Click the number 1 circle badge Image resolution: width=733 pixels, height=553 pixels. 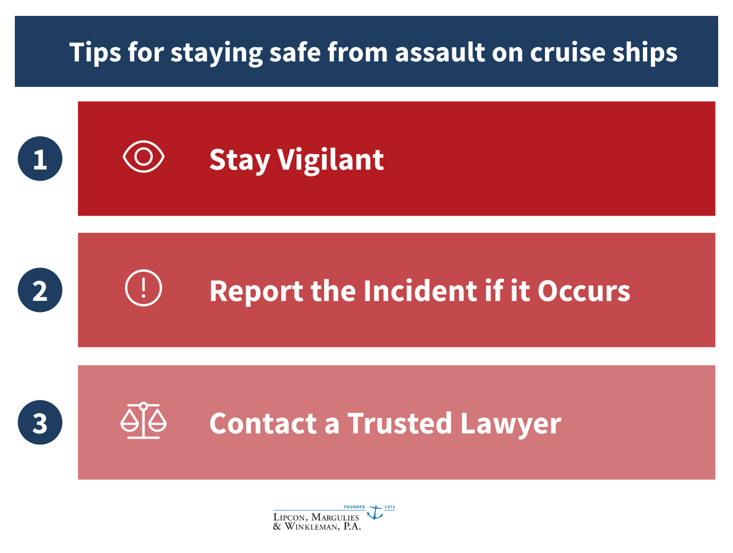40,158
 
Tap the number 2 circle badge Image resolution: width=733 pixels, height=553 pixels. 40,290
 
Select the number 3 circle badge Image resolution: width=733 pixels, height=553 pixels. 40,422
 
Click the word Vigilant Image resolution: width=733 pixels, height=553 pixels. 330,160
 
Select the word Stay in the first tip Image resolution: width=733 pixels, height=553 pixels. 239,161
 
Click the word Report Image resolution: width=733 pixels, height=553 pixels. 256,291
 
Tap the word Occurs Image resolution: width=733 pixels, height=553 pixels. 584,291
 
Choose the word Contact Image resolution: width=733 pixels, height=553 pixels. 263,423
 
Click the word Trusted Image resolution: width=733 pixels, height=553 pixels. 400,423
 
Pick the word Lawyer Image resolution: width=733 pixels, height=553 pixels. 511,424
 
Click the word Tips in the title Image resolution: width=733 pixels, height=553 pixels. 95,52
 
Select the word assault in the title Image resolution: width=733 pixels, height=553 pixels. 440,52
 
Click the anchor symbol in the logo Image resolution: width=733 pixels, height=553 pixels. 376,512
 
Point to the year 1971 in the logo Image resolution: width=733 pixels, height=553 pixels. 390,507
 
